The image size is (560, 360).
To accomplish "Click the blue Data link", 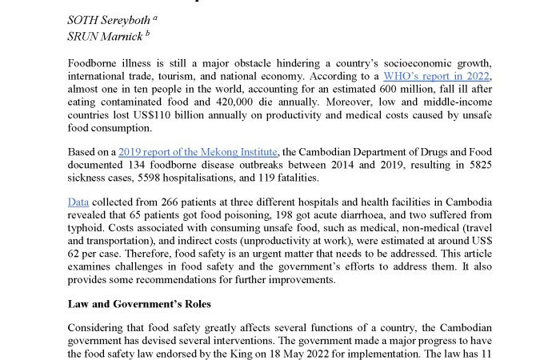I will (78, 202).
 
